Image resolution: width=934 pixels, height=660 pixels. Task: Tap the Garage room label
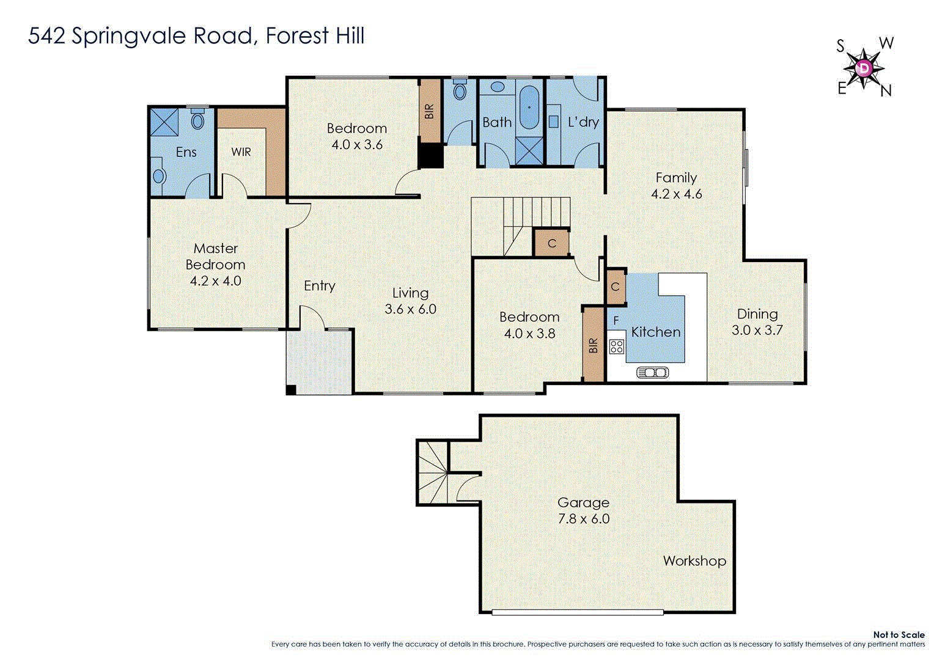(583, 502)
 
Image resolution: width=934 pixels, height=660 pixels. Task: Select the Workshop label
(694, 560)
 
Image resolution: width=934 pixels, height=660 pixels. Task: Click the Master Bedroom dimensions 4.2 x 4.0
(215, 281)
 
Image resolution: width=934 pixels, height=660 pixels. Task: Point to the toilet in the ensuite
(197, 120)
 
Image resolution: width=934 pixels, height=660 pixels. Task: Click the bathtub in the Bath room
(529, 108)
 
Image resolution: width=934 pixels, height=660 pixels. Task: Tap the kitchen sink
(652, 372)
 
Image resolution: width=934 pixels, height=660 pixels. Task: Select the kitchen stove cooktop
(616, 346)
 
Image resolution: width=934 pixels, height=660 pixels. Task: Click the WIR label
(241, 152)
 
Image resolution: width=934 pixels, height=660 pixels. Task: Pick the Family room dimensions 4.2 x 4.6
(676, 194)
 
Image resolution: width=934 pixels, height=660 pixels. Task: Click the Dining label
(757, 314)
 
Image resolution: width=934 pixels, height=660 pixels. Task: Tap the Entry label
(319, 286)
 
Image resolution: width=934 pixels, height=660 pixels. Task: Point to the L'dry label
(583, 122)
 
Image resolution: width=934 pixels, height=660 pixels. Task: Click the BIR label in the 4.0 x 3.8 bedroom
(593, 346)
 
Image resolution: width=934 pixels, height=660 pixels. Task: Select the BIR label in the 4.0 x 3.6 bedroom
(429, 111)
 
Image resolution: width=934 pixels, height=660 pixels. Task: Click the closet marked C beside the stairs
(551, 243)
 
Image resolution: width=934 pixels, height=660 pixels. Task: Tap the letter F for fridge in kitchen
(616, 320)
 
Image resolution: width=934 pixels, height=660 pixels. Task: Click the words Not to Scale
(898, 635)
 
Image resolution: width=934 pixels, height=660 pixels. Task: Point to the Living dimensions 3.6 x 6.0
(410, 309)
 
